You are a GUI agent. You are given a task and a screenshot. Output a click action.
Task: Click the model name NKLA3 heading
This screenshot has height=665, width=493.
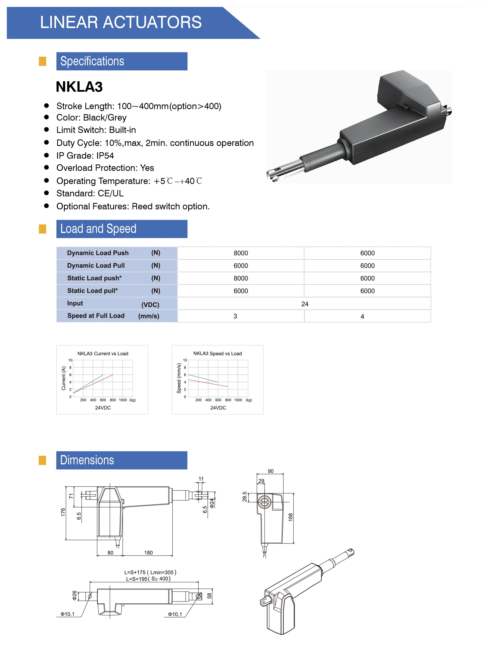tap(79, 87)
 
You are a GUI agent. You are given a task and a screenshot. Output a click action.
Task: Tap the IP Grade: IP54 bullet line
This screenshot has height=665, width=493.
tap(85, 156)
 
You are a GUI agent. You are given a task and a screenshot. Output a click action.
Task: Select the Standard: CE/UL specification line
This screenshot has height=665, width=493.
tap(90, 193)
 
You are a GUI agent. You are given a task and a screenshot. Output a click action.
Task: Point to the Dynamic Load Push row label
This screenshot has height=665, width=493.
tap(98, 253)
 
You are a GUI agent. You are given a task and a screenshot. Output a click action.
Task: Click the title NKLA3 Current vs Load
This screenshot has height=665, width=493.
tap(103, 353)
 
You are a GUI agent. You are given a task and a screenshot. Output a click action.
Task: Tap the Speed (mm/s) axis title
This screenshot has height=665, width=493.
tap(179, 378)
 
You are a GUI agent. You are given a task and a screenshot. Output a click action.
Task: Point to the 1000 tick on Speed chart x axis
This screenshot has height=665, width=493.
tap(238, 400)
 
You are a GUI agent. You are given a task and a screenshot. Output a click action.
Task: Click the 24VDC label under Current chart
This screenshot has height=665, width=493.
tap(103, 408)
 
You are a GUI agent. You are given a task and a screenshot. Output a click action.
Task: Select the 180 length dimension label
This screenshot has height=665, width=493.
tap(148, 553)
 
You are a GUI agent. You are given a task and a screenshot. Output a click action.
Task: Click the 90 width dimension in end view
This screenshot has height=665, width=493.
tap(270, 471)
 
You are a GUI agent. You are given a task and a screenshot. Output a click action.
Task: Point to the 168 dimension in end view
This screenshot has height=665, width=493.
tap(290, 517)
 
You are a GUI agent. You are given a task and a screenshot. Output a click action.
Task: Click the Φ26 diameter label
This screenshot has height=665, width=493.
tap(75, 595)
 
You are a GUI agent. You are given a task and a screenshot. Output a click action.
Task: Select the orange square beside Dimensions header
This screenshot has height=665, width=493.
tap(42, 460)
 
